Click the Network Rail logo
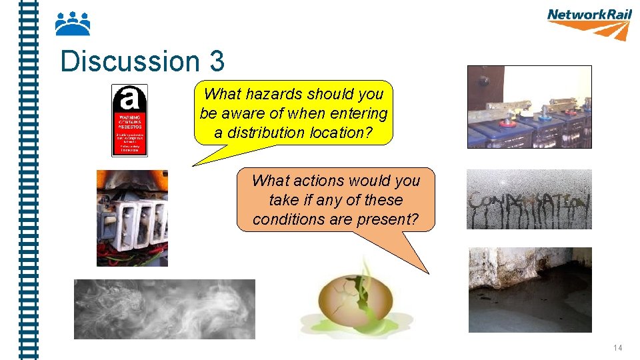[x=589, y=23]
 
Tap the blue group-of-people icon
[x=72, y=24]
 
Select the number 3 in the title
[x=216, y=62]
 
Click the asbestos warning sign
[x=129, y=120]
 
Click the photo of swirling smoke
[x=164, y=309]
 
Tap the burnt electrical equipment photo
[x=132, y=218]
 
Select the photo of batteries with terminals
[x=529, y=107]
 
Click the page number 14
[x=617, y=348]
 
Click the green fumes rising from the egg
[x=364, y=273]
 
